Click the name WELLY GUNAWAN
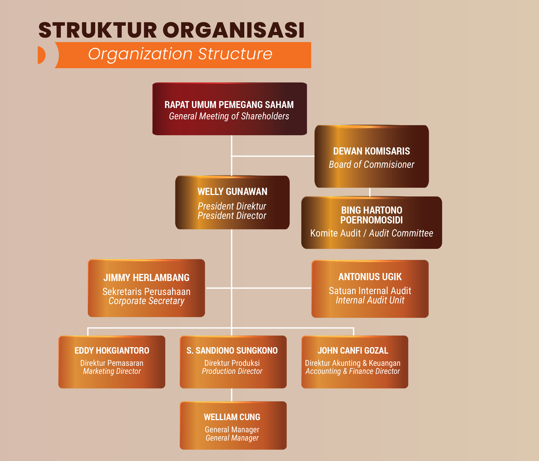click(232, 192)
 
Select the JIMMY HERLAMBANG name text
click(146, 278)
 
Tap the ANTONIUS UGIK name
click(370, 277)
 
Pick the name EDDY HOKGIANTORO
click(112, 350)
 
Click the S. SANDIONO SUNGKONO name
click(232, 350)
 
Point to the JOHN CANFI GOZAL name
click(353, 350)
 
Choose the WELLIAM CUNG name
click(232, 417)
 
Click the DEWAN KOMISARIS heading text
click(371, 151)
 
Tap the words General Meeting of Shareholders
click(229, 116)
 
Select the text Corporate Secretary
click(146, 301)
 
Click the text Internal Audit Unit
click(370, 300)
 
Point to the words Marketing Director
click(112, 371)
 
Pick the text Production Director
click(232, 371)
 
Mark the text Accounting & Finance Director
click(353, 371)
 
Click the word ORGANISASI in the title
click(233, 30)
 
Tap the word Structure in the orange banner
click(235, 54)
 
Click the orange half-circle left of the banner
click(41, 55)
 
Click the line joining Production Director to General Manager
click(231, 395)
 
